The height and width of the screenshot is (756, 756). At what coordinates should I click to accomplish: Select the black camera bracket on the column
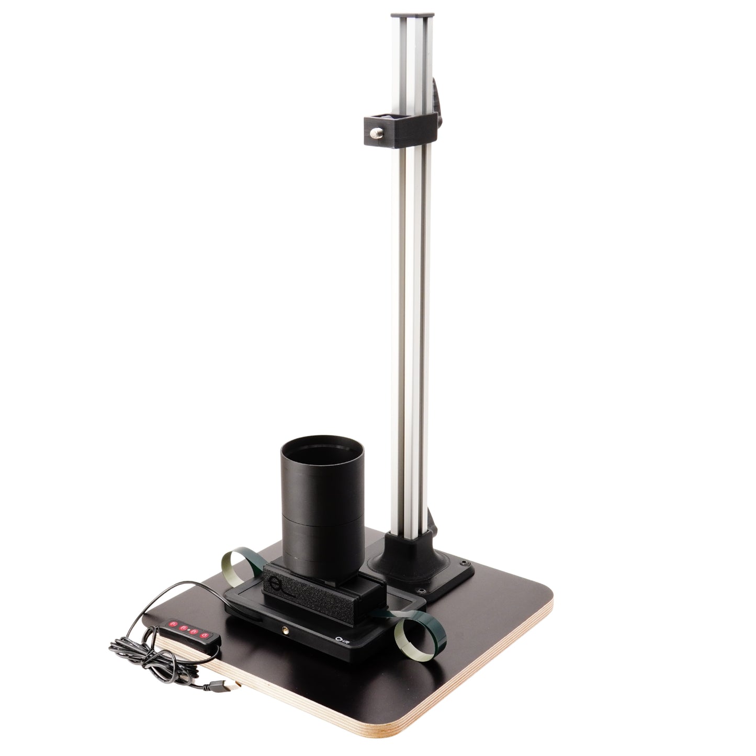[400, 126]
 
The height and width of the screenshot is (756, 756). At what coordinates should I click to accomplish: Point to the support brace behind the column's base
[433, 545]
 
